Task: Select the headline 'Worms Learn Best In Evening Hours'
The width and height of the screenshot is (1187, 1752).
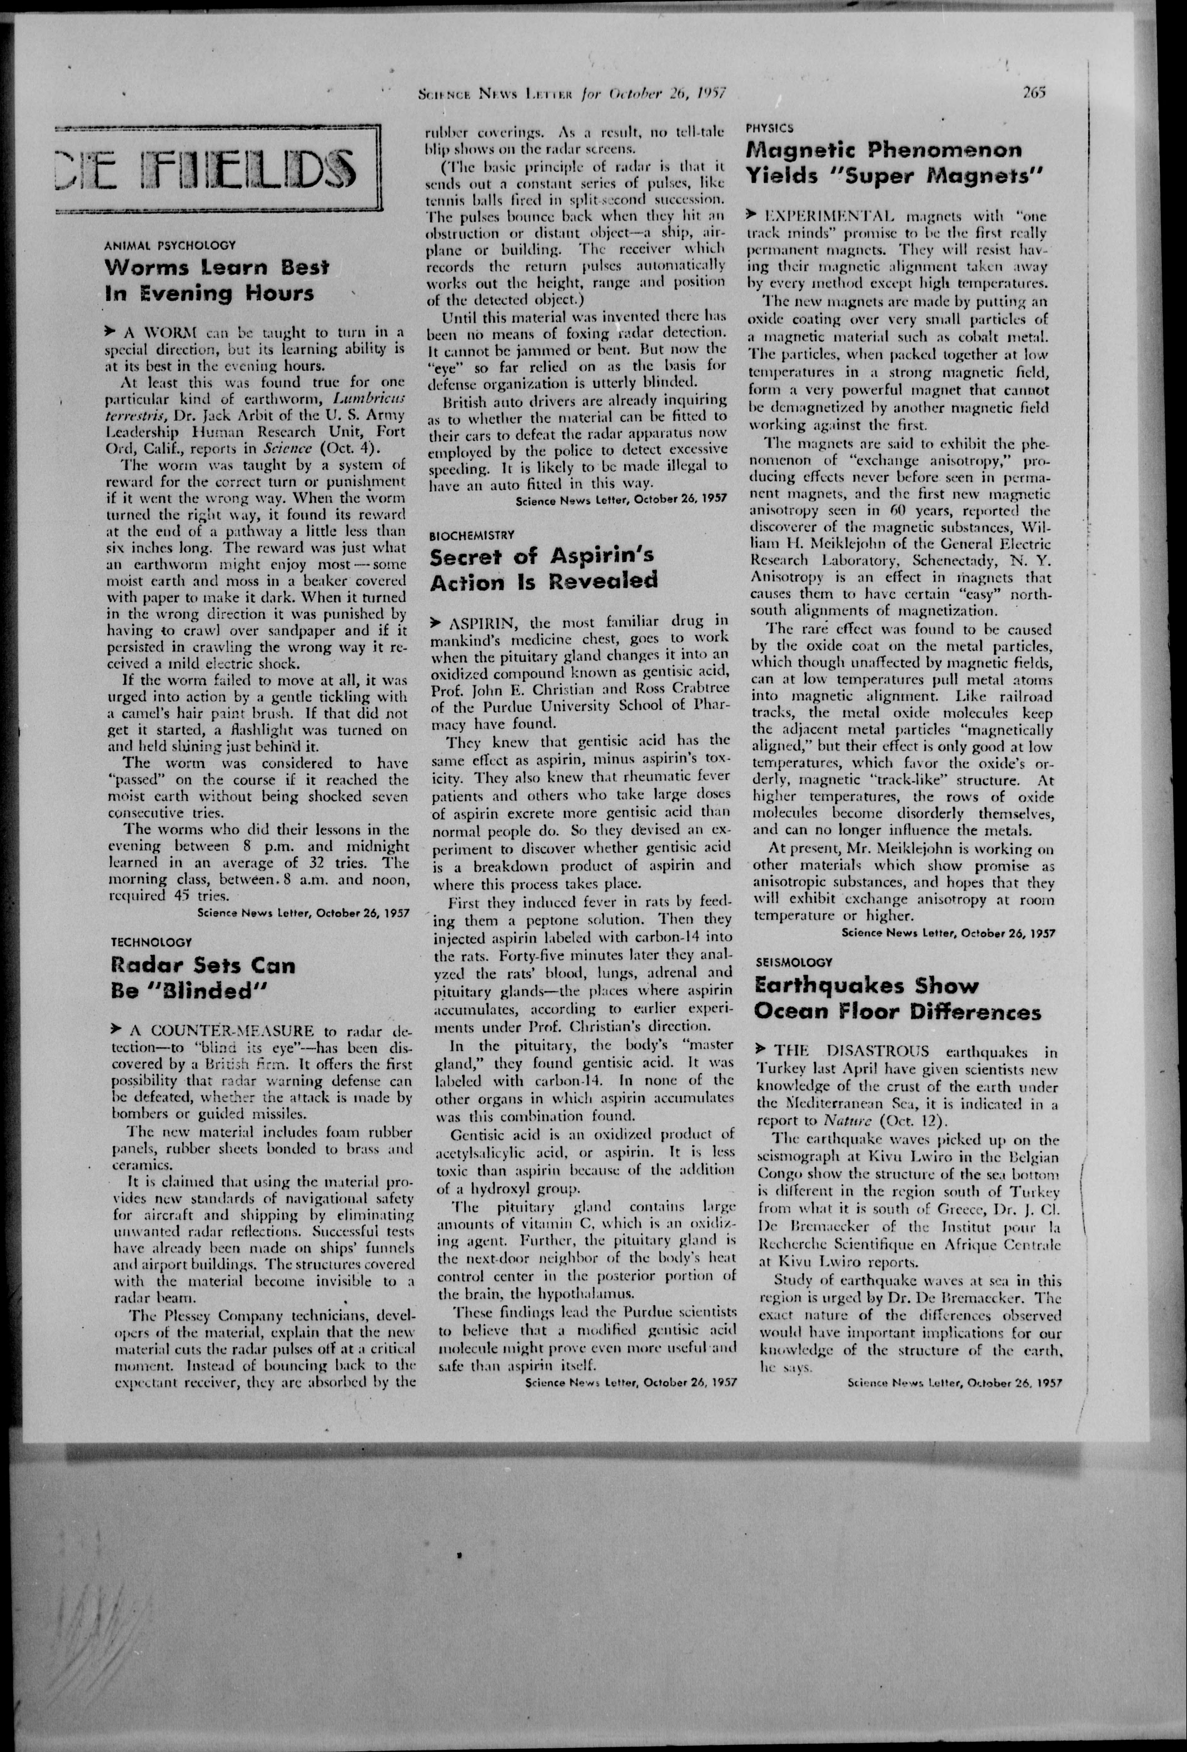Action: pyautogui.click(x=217, y=280)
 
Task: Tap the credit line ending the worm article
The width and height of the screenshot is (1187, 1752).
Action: pyautogui.click(x=303, y=912)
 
